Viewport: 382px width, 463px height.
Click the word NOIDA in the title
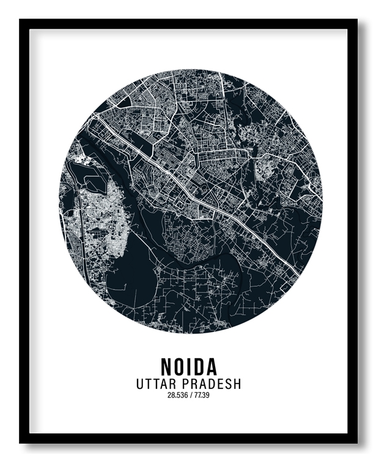tap(189, 366)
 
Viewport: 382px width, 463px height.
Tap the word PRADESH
tap(213, 384)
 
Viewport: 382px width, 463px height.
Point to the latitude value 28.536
tap(177, 395)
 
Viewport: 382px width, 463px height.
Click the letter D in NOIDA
tap(199, 366)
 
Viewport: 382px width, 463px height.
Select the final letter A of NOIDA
tap(211, 366)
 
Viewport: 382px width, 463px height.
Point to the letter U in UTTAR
tap(141, 384)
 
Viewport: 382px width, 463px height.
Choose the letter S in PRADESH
tap(228, 384)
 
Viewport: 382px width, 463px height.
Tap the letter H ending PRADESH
tap(237, 384)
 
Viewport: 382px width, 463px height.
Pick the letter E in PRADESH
tap(219, 384)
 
